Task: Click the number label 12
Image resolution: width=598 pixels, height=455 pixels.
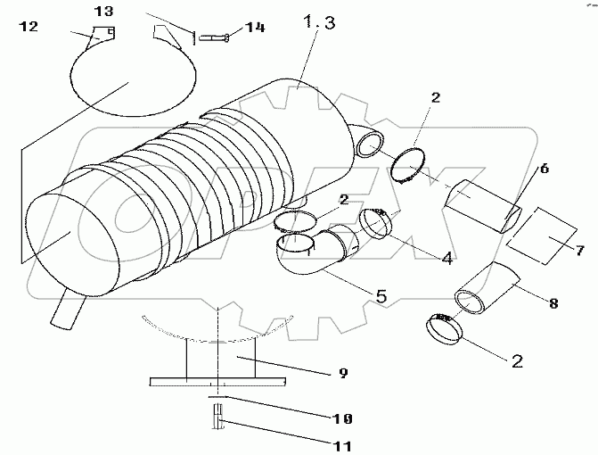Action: coord(29,28)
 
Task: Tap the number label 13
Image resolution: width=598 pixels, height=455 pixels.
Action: coord(104,11)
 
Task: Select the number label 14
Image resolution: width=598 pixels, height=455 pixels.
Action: coord(255,29)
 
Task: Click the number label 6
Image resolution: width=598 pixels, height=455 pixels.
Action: coord(544,167)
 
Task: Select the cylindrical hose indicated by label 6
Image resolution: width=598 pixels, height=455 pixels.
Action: coord(482,203)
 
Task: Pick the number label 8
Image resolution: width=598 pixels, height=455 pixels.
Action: coord(553,303)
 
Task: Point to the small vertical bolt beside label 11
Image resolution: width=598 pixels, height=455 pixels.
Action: coord(217,415)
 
